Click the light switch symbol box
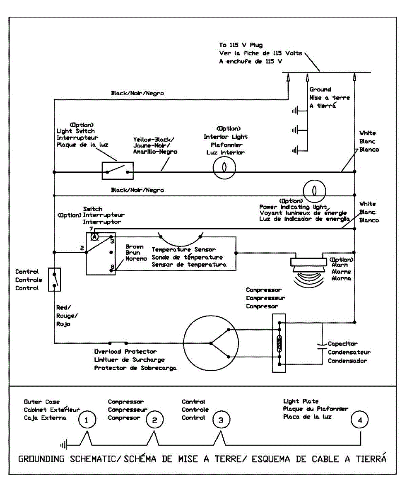click(x=118, y=171)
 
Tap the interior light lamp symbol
click(x=224, y=171)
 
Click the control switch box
click(x=55, y=280)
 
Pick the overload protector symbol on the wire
click(x=118, y=343)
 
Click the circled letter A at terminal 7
click(x=94, y=236)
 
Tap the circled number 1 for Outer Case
click(x=86, y=420)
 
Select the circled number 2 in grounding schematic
click(x=154, y=420)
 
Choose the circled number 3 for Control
click(x=221, y=420)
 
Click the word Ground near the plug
click(x=320, y=89)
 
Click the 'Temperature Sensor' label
click(x=183, y=250)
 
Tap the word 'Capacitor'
click(x=342, y=344)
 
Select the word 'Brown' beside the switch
click(x=135, y=247)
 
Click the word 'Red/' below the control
click(x=64, y=307)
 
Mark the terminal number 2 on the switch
click(x=82, y=248)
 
